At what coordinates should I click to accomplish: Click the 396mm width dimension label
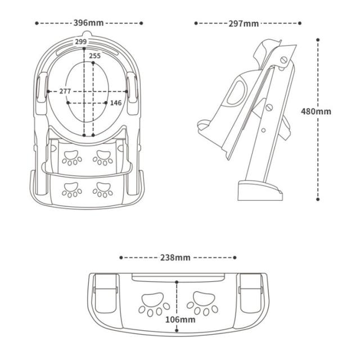88,23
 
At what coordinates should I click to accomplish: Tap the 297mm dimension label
244,24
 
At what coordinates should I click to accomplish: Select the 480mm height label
316,111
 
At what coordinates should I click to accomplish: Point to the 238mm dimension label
175,258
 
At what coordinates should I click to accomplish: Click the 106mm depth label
181,319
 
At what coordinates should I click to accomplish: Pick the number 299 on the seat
81,42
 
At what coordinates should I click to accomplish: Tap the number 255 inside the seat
95,56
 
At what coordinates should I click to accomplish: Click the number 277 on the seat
65,91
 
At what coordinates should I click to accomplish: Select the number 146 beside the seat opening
116,103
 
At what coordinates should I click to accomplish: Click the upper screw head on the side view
284,60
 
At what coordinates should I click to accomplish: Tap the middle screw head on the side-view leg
269,107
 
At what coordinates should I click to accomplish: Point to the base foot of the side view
260,191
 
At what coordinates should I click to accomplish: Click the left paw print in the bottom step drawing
154,304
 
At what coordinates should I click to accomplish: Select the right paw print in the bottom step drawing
202,303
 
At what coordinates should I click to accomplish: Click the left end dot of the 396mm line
37,23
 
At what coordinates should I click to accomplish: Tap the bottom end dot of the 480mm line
318,199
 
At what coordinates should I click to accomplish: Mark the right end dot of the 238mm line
235,258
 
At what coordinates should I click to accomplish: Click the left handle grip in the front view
42,88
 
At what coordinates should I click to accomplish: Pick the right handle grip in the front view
132,88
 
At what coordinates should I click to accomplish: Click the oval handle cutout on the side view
236,93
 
